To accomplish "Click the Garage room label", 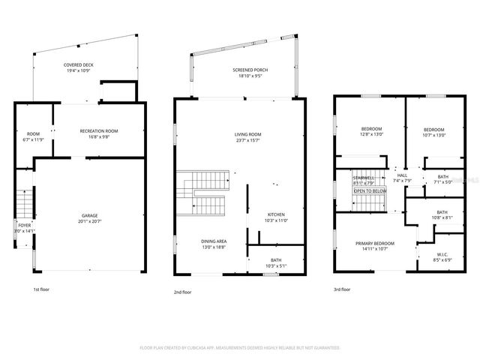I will coord(89,215).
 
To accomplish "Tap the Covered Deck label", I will coord(79,65).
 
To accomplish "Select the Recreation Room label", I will coord(99,130).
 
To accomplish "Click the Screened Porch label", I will coord(250,70).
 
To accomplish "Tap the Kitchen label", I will coord(276,214).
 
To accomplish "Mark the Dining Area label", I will coord(214,241).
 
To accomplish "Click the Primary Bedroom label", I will coord(375,243).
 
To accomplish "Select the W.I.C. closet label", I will coord(442,255).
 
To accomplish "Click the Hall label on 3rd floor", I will coord(402,175).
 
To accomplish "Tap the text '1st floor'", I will coord(42,289).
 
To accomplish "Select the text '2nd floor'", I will coord(181,292).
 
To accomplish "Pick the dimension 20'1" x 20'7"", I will coord(89,221).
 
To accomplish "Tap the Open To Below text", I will coord(370,191).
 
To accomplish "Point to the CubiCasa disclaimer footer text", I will coord(240,348).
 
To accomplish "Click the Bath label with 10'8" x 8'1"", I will coord(442,212).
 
